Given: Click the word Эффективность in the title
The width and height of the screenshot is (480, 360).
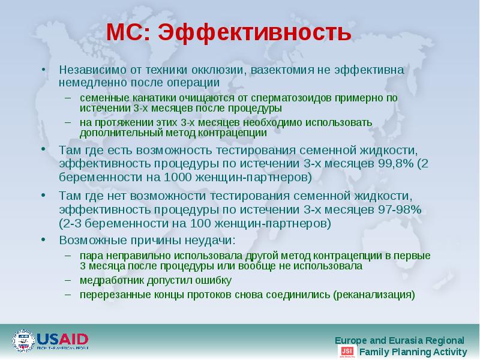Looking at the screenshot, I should click(x=255, y=33).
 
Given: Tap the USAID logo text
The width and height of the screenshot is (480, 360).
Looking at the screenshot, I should click(x=62, y=339).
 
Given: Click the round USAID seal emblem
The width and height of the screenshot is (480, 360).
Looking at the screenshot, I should click(x=23, y=341).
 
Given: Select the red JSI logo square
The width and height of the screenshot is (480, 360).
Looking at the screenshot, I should click(x=347, y=352).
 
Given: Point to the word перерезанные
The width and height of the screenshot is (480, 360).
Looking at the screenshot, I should click(x=110, y=295).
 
